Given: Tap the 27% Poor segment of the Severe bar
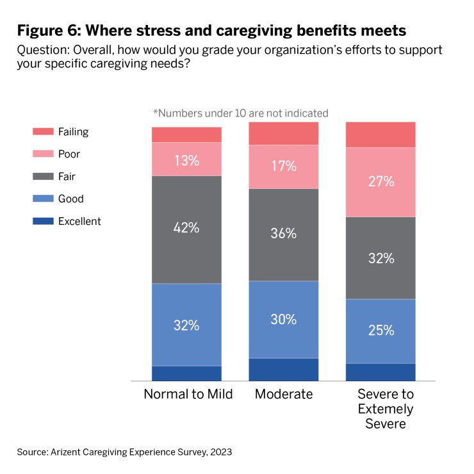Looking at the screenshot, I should tap(380, 182).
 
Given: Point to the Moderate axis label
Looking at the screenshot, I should tap(284, 394).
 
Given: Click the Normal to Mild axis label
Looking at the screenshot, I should tap(188, 394).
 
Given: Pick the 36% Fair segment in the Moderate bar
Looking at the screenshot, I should tap(284, 234).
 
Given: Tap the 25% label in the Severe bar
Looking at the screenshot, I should tap(380, 331).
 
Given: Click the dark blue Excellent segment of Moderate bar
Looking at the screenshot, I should tap(284, 370).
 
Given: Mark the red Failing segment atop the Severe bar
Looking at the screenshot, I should tap(380, 135).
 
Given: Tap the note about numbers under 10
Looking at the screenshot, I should tap(240, 113).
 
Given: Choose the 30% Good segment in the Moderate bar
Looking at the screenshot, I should tap(284, 319).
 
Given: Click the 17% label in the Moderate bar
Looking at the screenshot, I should tap(284, 167).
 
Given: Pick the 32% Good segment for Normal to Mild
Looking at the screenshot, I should tap(186, 325).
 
